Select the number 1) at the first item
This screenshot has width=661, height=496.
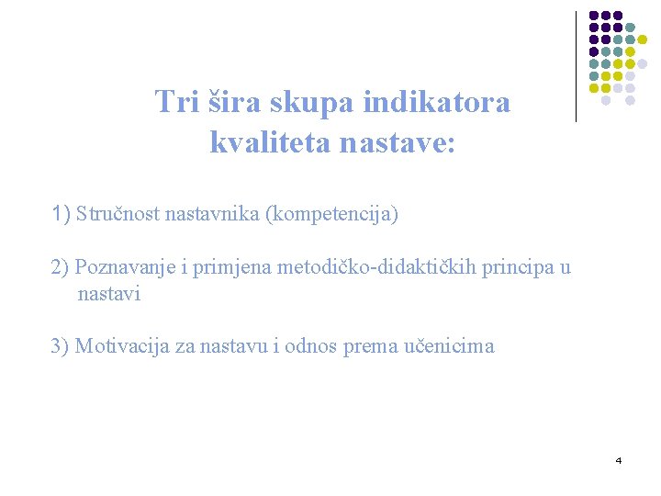point(62,215)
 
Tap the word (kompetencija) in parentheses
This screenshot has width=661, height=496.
point(331,215)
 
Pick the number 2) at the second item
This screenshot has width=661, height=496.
point(61,267)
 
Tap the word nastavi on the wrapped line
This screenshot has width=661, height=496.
point(109,294)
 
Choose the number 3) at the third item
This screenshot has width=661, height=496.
point(61,346)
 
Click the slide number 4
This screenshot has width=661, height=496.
point(619,459)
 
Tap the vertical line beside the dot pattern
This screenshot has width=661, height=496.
point(576,66)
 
